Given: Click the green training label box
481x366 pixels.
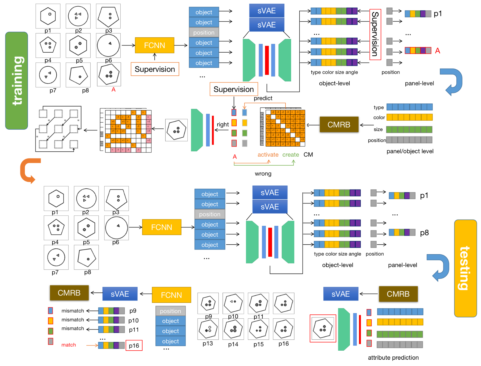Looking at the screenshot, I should [16, 81].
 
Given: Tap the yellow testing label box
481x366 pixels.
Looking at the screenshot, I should [465, 268].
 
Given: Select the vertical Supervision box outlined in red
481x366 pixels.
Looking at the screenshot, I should [375, 34].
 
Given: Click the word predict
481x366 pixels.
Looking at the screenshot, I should [263, 98].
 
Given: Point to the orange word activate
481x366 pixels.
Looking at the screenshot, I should [268, 155].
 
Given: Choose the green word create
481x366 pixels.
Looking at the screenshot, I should [291, 155].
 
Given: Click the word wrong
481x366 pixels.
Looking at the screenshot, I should [263, 174].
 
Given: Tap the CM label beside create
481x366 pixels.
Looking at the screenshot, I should [308, 155].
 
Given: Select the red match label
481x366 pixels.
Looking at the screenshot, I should [68, 345].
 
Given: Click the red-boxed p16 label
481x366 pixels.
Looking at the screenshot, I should [134, 345].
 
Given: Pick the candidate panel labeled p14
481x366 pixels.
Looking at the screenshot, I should [233, 329].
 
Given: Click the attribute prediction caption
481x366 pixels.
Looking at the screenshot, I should [393, 358].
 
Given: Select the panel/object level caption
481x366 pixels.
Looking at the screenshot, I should [410, 151].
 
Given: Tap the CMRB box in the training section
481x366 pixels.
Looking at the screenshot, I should [339, 124].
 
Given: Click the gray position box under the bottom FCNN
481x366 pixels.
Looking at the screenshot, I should [170, 311].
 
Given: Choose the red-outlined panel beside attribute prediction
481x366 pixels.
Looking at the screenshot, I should [323, 328].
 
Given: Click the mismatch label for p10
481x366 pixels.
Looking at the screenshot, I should [73, 320].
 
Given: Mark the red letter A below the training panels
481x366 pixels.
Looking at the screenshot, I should [114, 90].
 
